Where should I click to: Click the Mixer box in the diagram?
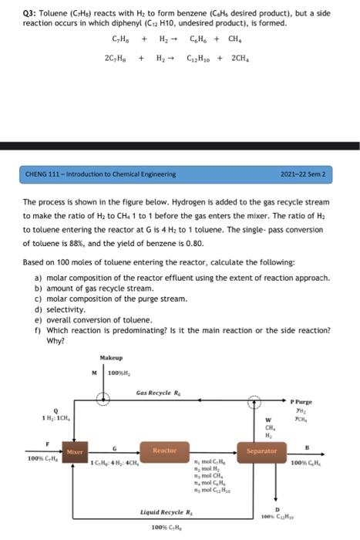click(x=75, y=451)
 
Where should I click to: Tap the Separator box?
click(x=261, y=451)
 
